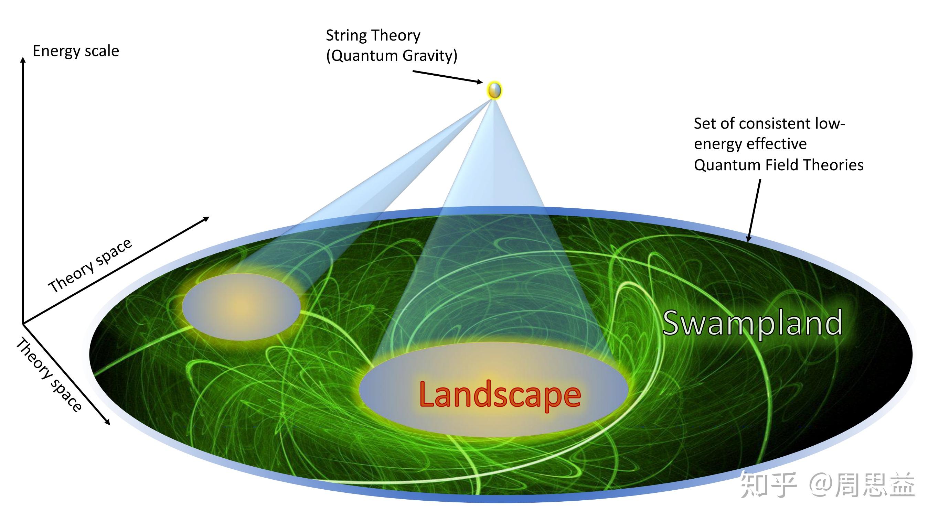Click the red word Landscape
500,395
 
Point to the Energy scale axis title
76,51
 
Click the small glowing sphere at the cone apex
494,90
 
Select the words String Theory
373,36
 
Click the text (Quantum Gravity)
392,56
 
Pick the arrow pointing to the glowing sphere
448,77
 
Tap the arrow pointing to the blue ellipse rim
754,210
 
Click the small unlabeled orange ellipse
241,307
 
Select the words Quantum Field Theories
778,165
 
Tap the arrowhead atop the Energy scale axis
23,60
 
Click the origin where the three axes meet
23,323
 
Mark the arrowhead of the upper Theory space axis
206,219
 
